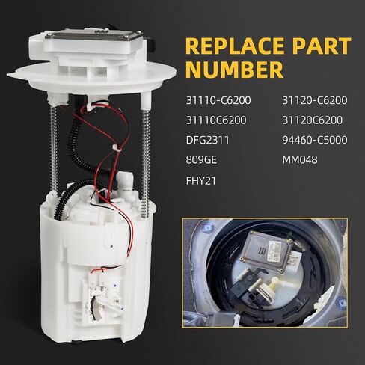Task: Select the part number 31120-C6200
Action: tap(314, 100)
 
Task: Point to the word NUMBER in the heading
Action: tap(234, 70)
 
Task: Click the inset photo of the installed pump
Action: tap(266, 274)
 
